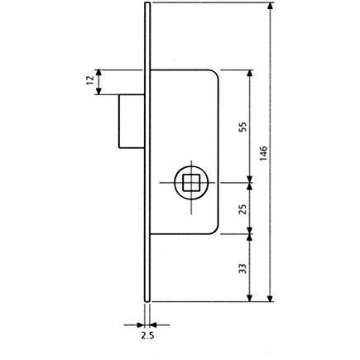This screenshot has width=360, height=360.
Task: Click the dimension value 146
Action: point(264,153)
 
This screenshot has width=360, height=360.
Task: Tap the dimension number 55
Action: point(242,127)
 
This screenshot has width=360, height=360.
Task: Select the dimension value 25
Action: point(242,209)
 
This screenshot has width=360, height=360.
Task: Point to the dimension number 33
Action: point(242,268)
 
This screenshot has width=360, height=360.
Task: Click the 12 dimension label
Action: point(90,80)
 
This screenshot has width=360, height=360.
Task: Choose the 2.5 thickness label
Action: point(147,335)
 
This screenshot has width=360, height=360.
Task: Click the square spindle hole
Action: point(191,182)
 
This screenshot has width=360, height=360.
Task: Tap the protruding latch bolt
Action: point(132,122)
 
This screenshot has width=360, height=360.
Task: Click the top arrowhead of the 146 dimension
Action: point(271,6)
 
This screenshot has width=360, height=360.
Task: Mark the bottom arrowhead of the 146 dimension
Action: point(271,298)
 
